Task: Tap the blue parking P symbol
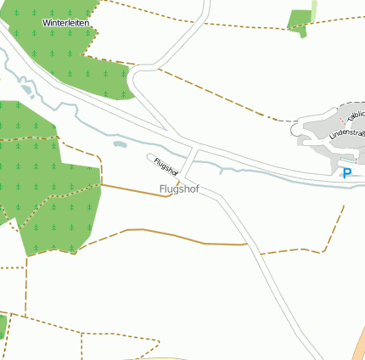346,173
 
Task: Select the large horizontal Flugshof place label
179,189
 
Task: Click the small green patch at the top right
298,21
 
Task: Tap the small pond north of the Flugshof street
120,143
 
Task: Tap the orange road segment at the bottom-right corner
360,347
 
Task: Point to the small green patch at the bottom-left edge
3,326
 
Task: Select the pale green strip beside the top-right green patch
314,11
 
